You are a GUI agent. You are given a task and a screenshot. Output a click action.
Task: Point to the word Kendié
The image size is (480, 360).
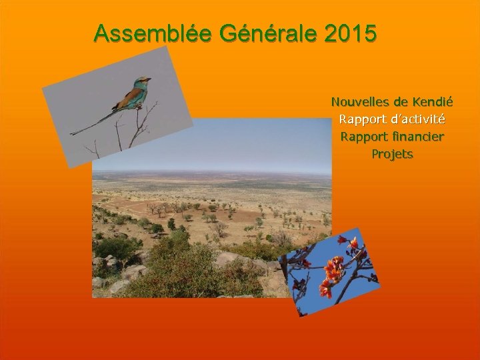coord(433,103)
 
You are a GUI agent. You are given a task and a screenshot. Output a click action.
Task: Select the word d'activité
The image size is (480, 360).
coord(417,120)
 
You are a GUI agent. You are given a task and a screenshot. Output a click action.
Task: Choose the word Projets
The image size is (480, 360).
coord(392,154)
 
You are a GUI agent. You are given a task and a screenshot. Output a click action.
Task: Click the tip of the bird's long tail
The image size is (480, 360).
coord(73,133)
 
